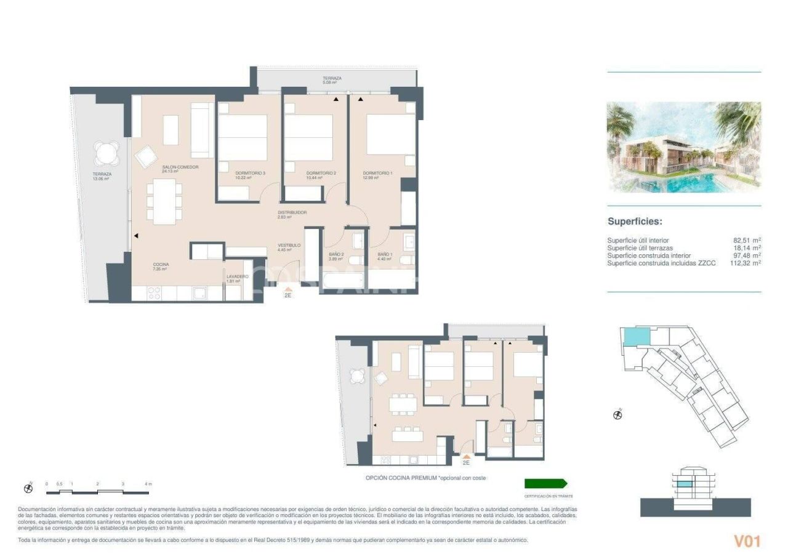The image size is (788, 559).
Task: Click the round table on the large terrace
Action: point(107,153)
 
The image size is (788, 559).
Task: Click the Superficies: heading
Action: point(634,222)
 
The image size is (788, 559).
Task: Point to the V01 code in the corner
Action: point(747,541)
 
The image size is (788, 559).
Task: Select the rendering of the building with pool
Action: point(683,147)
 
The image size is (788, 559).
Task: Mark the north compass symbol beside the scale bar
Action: point(28,488)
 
